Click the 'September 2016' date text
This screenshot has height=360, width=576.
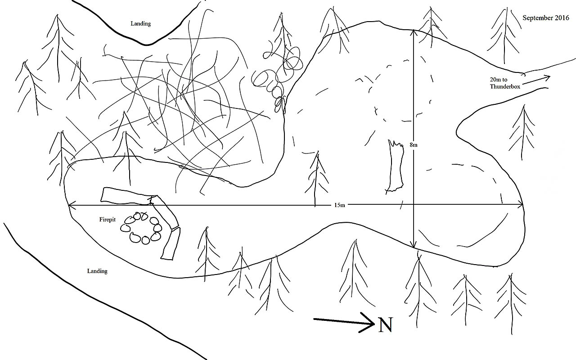click(546, 18)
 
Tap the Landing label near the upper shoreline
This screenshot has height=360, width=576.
click(141, 24)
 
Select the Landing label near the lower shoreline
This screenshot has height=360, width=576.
click(97, 271)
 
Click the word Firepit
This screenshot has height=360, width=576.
click(108, 220)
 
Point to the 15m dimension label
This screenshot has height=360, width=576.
click(339, 205)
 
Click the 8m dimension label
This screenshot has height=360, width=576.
click(414, 145)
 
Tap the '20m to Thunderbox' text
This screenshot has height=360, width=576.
click(505, 83)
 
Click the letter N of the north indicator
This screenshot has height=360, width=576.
click(386, 324)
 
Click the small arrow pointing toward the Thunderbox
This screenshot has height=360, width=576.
click(536, 80)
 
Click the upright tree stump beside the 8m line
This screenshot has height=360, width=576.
click(395, 166)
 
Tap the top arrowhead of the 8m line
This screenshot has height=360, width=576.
click(413, 32)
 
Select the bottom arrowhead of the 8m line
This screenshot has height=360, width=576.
click(414, 245)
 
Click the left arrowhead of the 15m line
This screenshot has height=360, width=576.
click(71, 205)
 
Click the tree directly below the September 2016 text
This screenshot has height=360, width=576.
click(504, 36)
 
